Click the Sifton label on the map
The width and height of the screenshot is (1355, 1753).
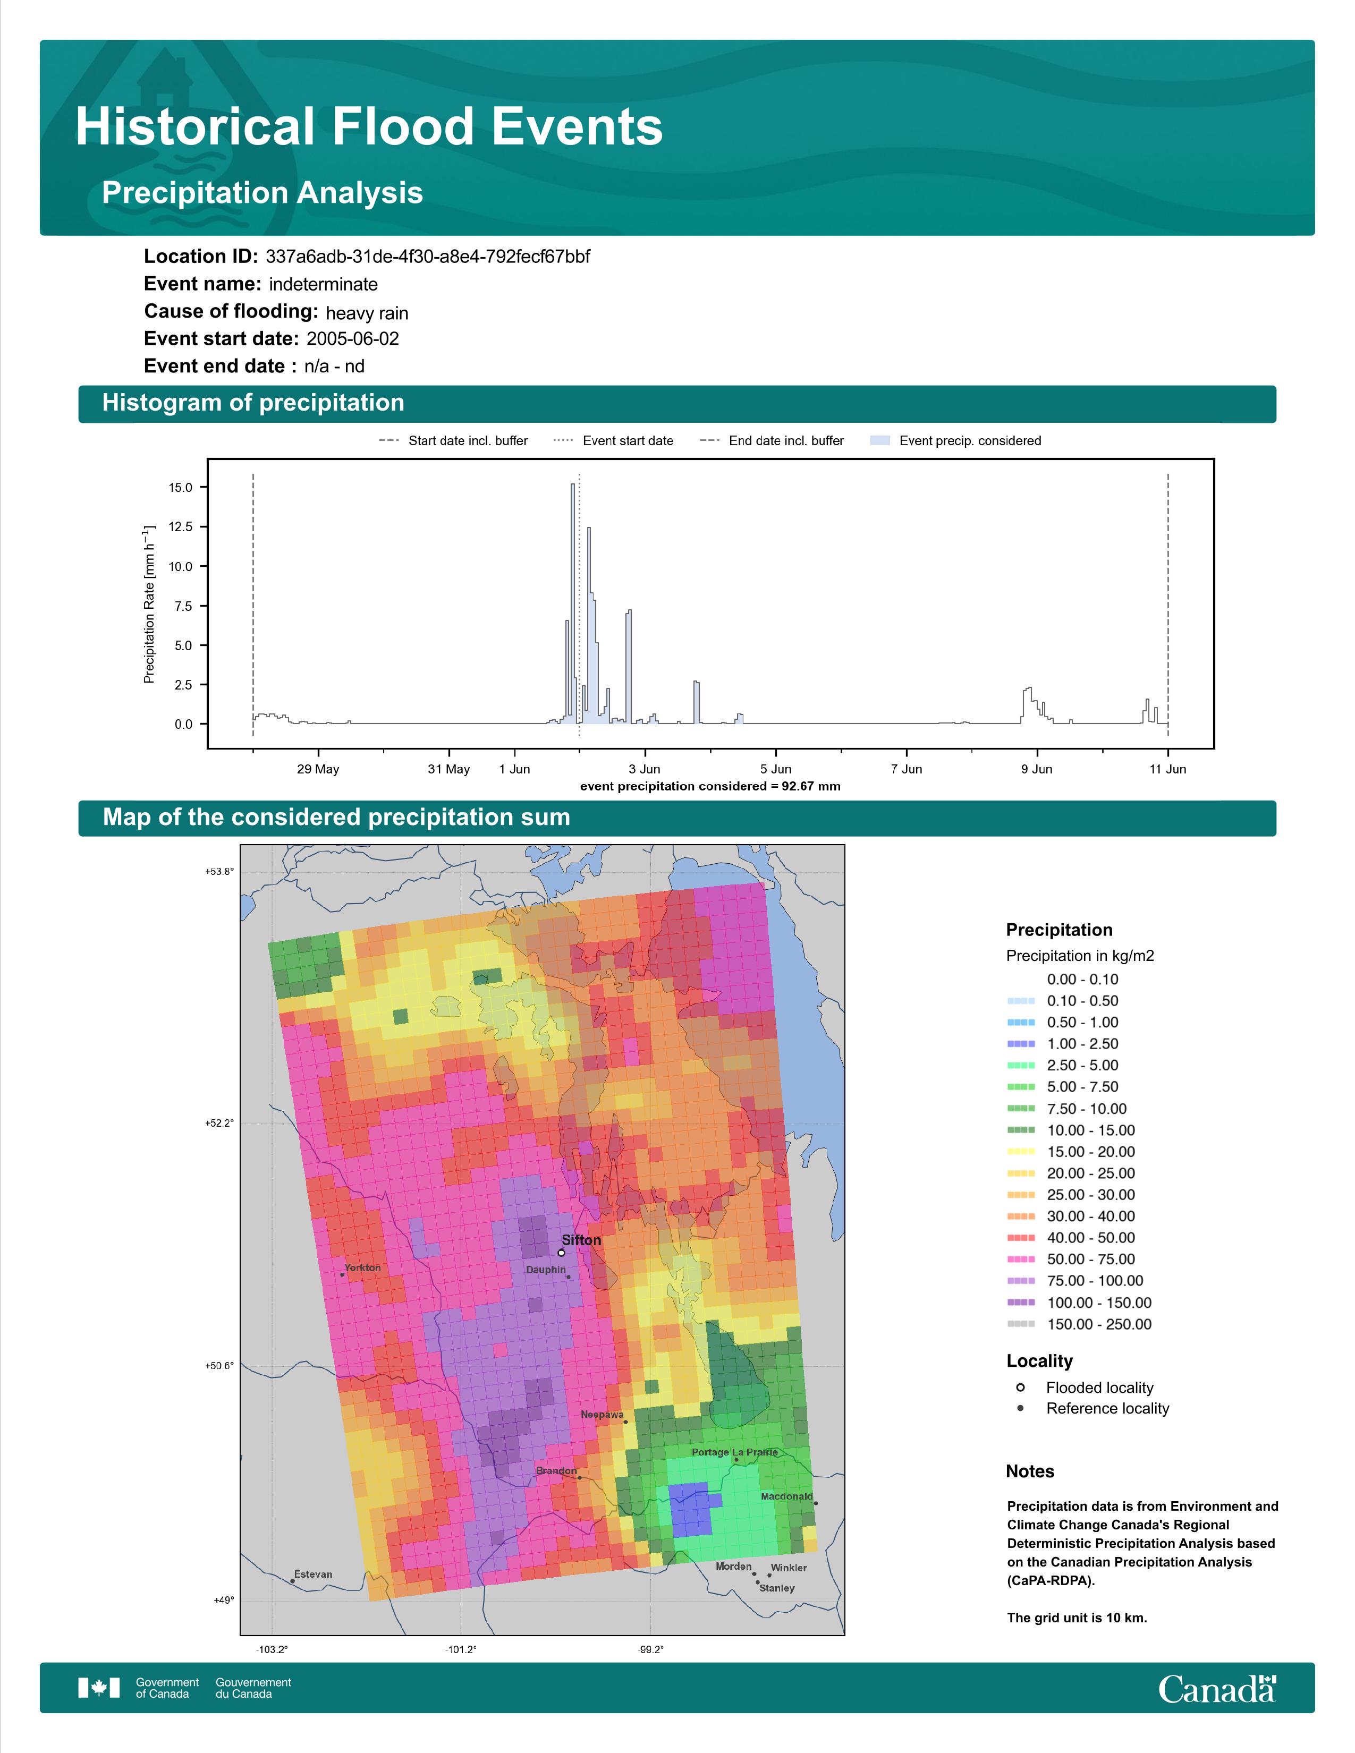tap(581, 1240)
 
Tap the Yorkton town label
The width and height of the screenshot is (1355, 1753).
tap(363, 1267)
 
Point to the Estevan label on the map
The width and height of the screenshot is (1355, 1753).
tap(313, 1574)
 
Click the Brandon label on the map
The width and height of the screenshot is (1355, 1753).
tap(556, 1470)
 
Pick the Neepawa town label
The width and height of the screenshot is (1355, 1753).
tap(602, 1414)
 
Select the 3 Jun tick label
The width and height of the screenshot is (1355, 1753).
tap(645, 769)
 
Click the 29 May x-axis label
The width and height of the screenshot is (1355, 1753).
tap(318, 769)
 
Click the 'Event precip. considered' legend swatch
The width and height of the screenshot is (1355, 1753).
tap(880, 441)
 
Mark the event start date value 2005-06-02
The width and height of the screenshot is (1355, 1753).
tap(352, 339)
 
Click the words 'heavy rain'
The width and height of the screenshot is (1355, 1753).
tap(367, 312)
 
